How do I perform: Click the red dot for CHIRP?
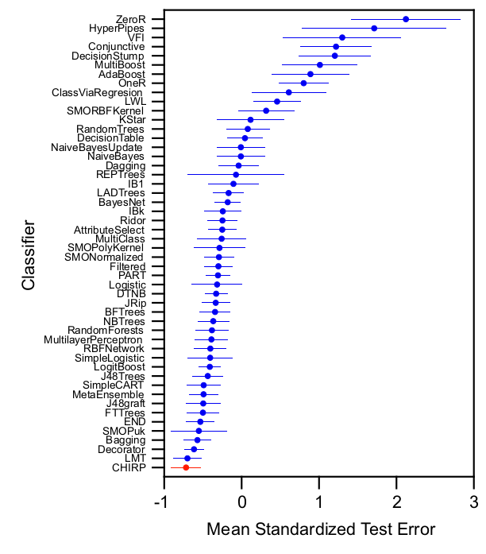click(186, 467)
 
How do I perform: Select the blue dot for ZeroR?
click(406, 19)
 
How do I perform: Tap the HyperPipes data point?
click(374, 29)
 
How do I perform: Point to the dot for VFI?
click(342, 37)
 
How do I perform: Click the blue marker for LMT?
click(187, 459)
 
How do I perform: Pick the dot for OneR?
click(303, 83)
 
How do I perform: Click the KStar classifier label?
click(132, 120)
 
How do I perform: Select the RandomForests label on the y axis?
click(106, 330)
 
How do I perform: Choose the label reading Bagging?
click(125, 440)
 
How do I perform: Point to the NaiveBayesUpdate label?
click(97, 147)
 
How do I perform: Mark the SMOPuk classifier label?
click(124, 431)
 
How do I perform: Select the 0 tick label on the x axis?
click(241, 502)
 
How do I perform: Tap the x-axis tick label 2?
click(397, 502)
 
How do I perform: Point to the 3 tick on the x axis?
click(474, 502)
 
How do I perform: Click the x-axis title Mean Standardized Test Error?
click(320, 529)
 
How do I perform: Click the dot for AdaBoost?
click(310, 74)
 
